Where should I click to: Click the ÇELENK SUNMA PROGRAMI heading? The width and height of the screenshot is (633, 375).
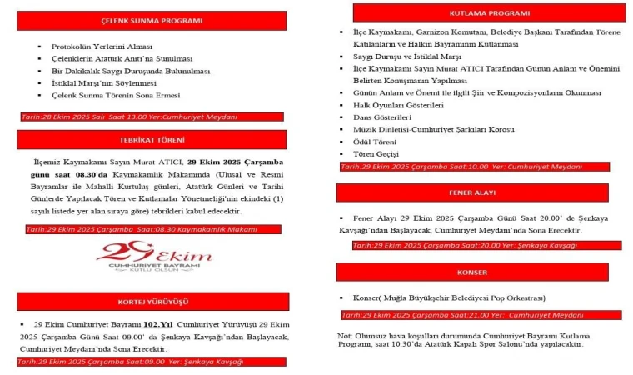tap(162, 21)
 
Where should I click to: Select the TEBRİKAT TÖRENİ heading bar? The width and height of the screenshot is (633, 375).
tap(162, 140)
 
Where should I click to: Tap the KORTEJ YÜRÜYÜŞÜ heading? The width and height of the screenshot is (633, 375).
tap(162, 302)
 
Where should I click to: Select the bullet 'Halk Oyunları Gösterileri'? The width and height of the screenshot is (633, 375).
tap(398, 107)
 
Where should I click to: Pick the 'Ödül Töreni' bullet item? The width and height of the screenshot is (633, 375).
tap(375, 142)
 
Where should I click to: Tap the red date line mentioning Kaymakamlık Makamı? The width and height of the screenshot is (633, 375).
tap(142, 228)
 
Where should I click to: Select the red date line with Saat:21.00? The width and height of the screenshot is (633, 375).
tap(462, 315)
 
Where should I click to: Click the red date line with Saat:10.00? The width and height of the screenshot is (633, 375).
tap(462, 167)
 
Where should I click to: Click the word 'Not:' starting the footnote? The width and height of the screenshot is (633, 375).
tap(344, 335)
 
